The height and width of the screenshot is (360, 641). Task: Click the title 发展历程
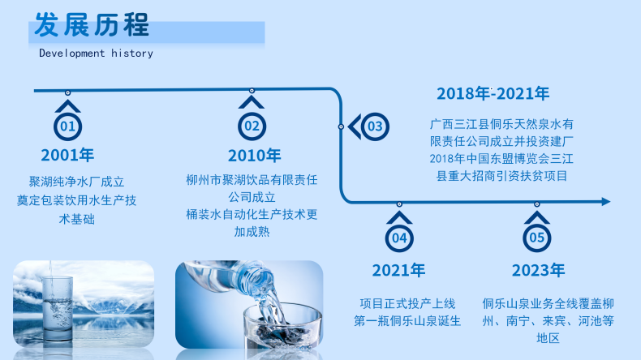pos(92,25)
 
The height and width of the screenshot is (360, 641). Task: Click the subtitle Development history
pos(96,54)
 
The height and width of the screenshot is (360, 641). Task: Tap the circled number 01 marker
pos(68,126)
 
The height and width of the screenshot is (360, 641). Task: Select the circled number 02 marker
pos(252,126)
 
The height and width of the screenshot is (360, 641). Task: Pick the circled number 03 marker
pos(375,126)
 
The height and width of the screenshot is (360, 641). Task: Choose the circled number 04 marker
pos(399,238)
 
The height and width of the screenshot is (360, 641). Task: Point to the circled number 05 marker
pos(537,238)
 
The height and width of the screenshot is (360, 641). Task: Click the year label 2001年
pos(67,156)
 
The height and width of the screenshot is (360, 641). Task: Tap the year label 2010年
pos(254,156)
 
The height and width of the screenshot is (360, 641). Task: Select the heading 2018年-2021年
pos(493,93)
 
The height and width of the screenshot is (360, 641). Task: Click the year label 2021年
pos(398,271)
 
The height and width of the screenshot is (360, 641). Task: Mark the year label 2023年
pos(539,271)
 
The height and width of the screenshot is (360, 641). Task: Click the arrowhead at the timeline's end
pos(606,201)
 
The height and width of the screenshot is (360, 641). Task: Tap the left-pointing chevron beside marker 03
pos(354,126)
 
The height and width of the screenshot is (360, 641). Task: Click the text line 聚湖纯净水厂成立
pos(76,182)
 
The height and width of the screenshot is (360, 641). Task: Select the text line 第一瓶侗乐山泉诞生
pos(407,321)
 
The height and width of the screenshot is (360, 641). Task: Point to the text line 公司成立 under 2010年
pos(252,197)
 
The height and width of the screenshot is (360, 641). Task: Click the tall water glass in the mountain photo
pos(57,307)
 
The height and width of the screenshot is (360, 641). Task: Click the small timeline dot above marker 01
pos(68,92)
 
